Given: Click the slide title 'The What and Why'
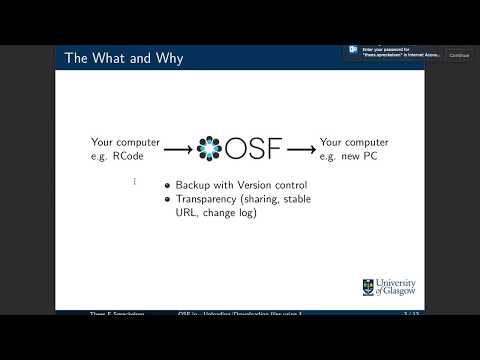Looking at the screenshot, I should click(124, 58).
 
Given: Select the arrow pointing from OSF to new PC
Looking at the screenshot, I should click(301, 150).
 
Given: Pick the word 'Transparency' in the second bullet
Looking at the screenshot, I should click(211, 199).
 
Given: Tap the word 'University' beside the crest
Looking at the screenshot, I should click(397, 282).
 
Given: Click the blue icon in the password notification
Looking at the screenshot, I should click(354, 49).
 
